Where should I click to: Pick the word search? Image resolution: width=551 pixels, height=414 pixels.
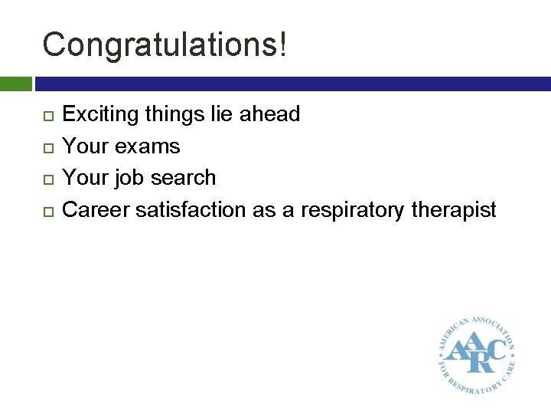(184, 178)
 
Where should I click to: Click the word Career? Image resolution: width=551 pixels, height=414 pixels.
(96, 209)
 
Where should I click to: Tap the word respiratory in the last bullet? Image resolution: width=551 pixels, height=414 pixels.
(363, 209)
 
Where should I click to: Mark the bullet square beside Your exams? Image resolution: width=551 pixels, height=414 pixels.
(47, 147)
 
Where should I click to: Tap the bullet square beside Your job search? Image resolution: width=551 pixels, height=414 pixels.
(47, 179)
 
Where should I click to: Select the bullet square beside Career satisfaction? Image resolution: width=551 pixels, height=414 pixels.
(47, 210)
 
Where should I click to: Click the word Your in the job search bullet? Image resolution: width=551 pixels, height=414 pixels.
(86, 178)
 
